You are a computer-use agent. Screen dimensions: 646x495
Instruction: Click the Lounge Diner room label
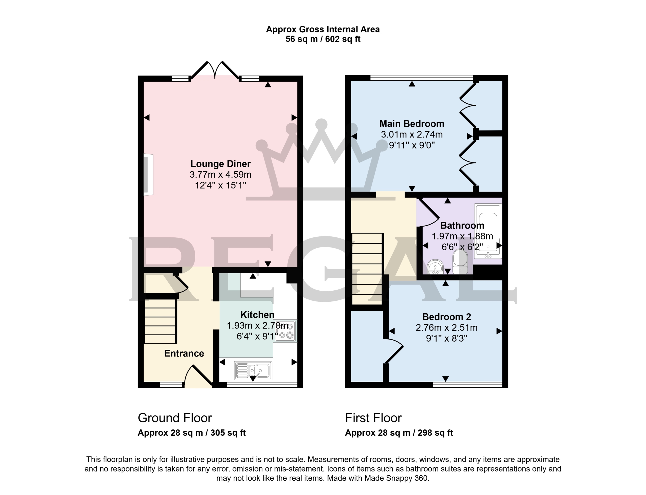point(221,163)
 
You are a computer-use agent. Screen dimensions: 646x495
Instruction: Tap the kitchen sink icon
point(253,370)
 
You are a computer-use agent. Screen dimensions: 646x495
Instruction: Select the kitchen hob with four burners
point(285,331)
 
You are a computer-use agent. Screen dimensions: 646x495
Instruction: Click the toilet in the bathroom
point(460,261)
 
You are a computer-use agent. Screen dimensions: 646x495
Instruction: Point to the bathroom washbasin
point(435,267)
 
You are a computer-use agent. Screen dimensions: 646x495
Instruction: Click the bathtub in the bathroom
point(488,231)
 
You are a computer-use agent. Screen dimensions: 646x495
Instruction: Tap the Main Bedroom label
point(412,124)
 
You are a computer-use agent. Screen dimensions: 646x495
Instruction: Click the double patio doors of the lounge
point(215,70)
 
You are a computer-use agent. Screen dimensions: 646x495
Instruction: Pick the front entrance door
point(198,376)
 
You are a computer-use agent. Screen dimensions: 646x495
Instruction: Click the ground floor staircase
point(160,321)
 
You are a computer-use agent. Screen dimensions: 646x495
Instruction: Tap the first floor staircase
point(367,268)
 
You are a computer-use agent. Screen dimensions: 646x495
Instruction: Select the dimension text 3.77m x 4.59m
point(221,174)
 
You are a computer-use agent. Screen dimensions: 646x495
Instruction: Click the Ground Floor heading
point(175,418)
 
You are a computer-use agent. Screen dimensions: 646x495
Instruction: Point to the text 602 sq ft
point(343,39)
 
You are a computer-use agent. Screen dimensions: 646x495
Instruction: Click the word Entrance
point(184,353)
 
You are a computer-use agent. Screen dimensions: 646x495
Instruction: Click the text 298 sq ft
point(435,433)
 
